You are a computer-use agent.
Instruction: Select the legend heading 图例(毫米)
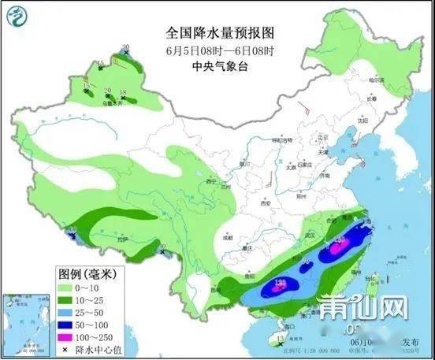pos(86,273)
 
